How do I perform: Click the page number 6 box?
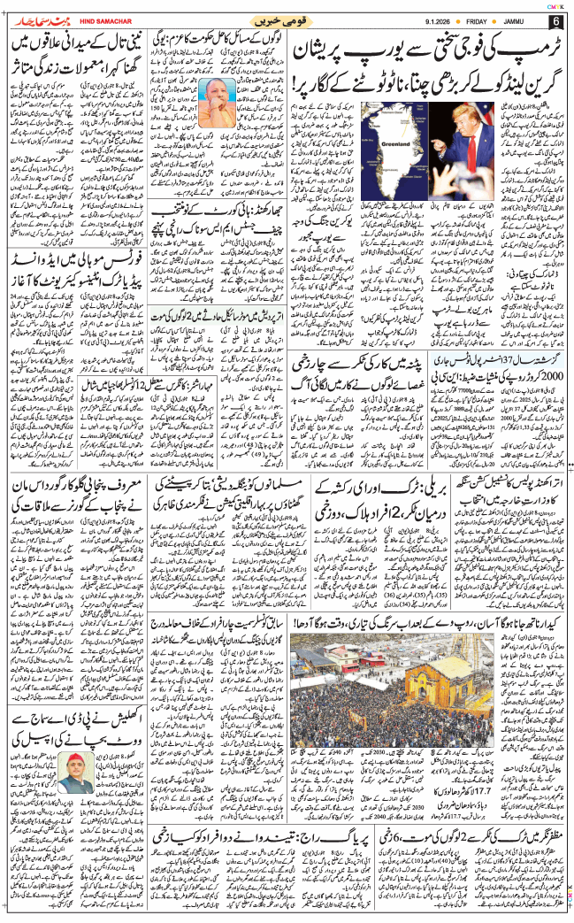click(x=555, y=21)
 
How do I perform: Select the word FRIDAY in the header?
click(x=472, y=21)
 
